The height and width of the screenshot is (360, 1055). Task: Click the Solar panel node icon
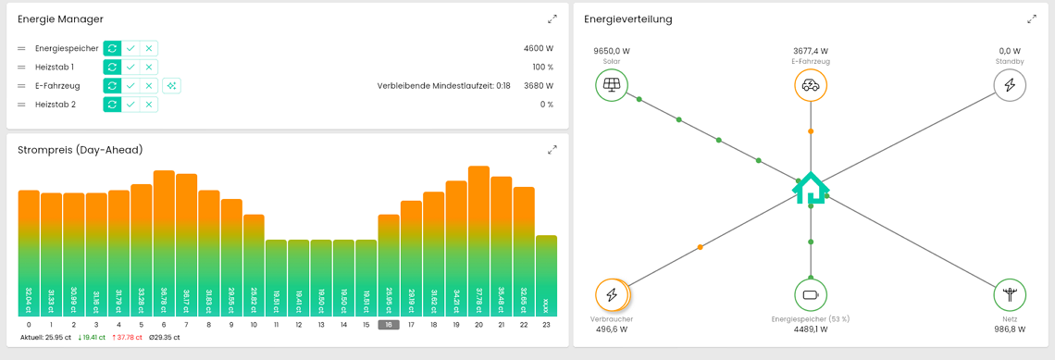(612, 85)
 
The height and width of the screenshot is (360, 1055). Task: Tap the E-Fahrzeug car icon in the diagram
(811, 85)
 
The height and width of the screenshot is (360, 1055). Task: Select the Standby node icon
(1010, 85)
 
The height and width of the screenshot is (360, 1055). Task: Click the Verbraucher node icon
(612, 295)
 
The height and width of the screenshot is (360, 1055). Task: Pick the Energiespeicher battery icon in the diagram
(811, 295)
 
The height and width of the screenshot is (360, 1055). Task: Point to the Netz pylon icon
(1010, 295)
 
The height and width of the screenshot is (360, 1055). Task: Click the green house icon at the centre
(811, 188)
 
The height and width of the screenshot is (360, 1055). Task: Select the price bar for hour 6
(164, 242)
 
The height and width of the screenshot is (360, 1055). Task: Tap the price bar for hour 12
(299, 278)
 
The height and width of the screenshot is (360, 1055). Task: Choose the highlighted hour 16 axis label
(389, 325)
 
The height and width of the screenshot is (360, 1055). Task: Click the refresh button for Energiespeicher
(112, 48)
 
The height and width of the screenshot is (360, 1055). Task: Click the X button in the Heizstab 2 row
(149, 105)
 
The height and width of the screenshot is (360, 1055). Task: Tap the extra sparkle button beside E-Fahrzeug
(171, 86)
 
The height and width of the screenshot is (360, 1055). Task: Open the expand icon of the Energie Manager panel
(552, 19)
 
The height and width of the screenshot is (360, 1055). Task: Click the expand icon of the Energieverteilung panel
(1032, 19)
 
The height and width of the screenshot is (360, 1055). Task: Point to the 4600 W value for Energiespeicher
(538, 48)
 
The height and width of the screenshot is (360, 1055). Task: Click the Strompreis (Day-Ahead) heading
(81, 150)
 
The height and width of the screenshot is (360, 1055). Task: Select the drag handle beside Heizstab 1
(21, 68)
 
